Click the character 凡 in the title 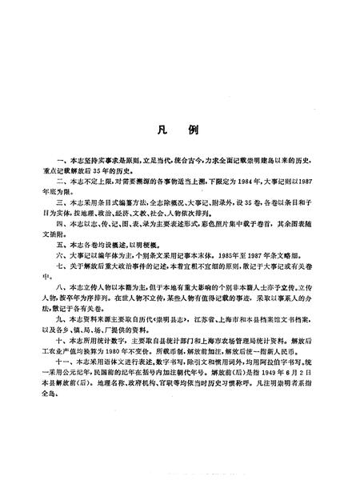click(x=162, y=129)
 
